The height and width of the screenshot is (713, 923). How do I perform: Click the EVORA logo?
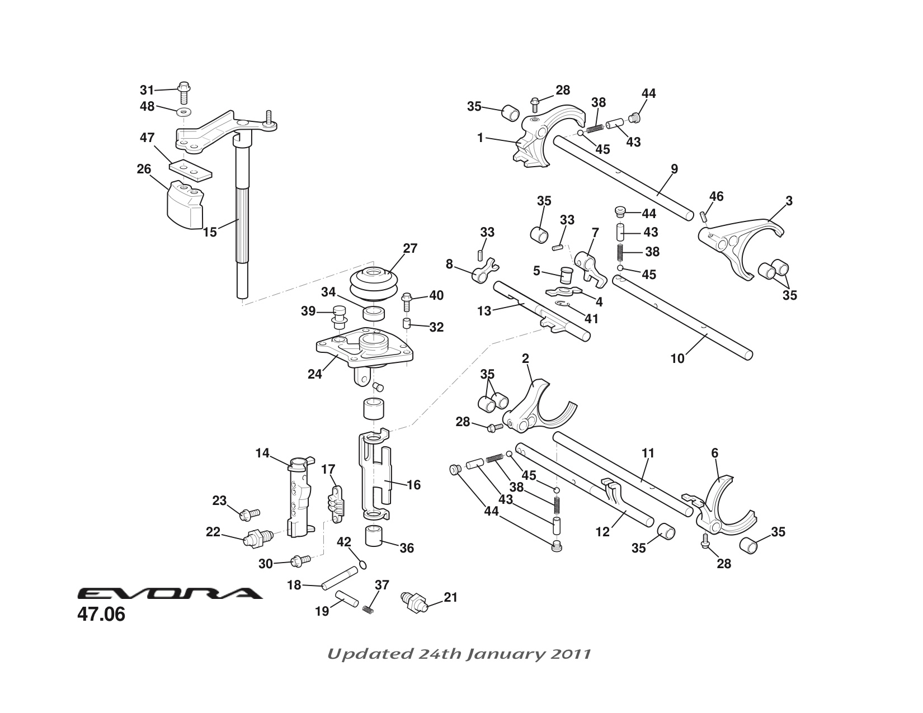click(x=169, y=593)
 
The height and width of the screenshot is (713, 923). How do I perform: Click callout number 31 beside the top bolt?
click(x=147, y=90)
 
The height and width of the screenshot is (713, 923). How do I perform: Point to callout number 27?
click(x=410, y=248)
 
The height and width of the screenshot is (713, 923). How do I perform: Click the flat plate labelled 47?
click(x=190, y=169)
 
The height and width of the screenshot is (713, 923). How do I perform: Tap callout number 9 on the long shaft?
click(x=674, y=169)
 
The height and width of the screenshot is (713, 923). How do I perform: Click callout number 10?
click(x=677, y=358)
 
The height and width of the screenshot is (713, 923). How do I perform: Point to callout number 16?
click(x=413, y=485)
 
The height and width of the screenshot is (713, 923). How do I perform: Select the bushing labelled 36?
click(x=376, y=536)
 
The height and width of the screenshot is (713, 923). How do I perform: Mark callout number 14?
click(x=263, y=453)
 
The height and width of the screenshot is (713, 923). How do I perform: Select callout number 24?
click(x=315, y=374)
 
